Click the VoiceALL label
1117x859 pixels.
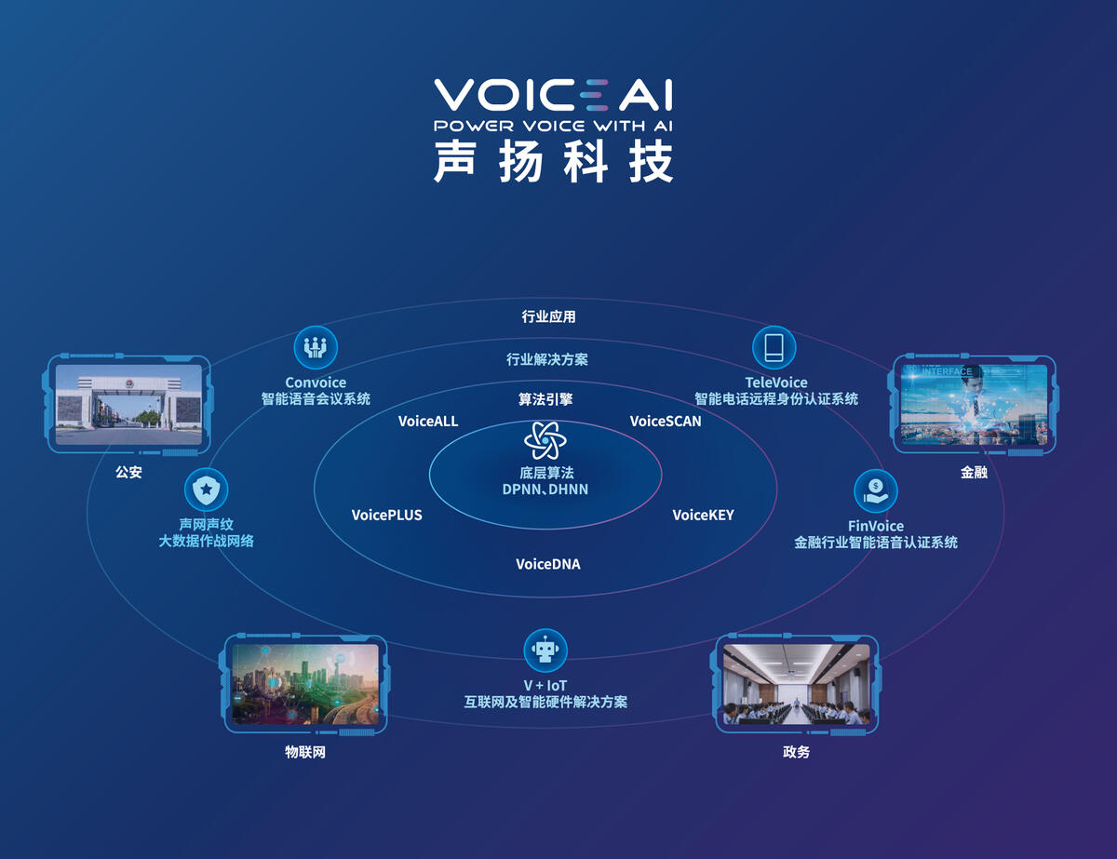(x=428, y=422)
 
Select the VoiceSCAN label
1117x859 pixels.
(x=666, y=422)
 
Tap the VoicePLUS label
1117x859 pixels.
(x=387, y=515)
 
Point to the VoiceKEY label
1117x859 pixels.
(x=703, y=515)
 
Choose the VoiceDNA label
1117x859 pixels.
(x=548, y=564)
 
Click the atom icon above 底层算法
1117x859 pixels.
(x=545, y=440)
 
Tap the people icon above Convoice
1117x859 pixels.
(x=316, y=347)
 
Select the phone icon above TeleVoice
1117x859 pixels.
(x=774, y=347)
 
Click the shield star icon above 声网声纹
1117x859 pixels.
(x=206, y=490)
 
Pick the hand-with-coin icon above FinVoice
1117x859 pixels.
(x=876, y=490)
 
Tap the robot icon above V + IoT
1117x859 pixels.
(x=545, y=651)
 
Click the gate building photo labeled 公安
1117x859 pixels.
(x=128, y=405)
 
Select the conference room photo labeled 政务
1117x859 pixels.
(x=796, y=684)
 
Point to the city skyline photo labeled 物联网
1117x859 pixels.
(x=305, y=684)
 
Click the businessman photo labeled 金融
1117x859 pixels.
(x=974, y=405)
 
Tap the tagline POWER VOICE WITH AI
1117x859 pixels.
(x=553, y=126)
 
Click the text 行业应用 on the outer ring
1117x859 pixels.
(x=548, y=316)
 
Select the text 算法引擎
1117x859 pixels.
(x=545, y=399)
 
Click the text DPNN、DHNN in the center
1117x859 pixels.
(x=545, y=490)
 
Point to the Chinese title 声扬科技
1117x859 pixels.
(x=554, y=162)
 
